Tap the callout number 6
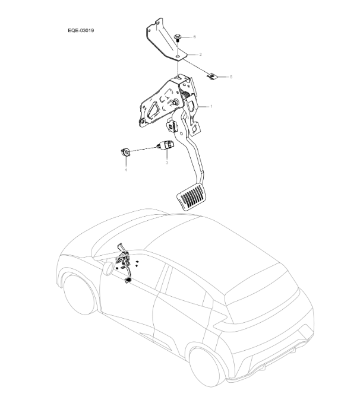194,37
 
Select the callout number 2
200,54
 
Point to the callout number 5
231,77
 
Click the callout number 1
210,107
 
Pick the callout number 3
166,161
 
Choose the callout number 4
125,170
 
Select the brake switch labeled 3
166,145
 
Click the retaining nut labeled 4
125,151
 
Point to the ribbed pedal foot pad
191,196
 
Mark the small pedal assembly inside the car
125,261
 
